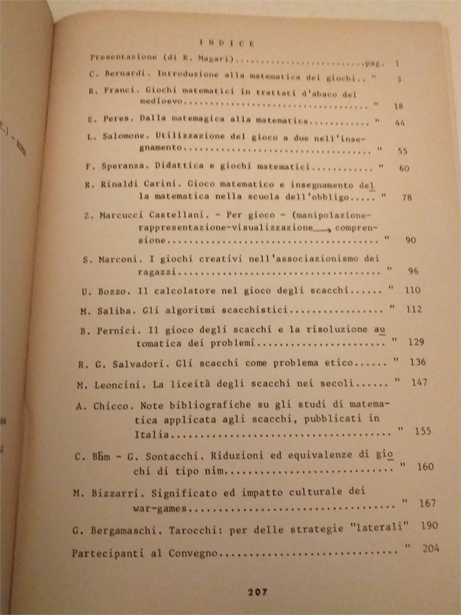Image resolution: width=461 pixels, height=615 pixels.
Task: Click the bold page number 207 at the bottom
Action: tap(256, 592)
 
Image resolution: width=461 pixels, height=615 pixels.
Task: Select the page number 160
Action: tap(425, 467)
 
